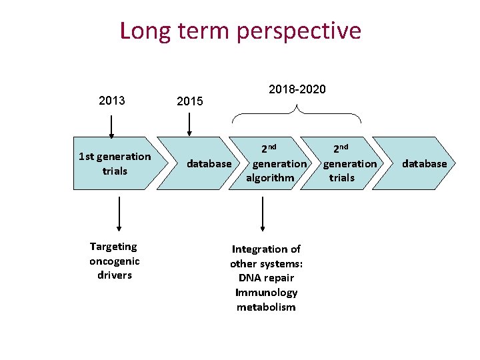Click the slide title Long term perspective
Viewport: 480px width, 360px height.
pos(240,31)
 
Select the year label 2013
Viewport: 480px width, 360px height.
pos(111,101)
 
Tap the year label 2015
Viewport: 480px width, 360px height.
pos(189,101)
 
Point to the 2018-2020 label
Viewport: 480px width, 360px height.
pos(297,89)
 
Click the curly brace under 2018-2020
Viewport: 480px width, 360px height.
pos(297,115)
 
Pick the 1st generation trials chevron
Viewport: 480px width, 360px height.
pos(115,163)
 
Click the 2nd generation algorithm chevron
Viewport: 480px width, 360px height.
pos(273,163)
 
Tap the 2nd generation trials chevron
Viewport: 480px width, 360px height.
pos(347,163)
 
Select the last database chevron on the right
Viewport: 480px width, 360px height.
pos(420,163)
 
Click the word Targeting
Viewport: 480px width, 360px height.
pos(113,247)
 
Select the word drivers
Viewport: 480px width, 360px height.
pos(115,275)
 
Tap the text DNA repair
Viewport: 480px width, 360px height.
pos(266,278)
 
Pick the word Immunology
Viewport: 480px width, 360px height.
pos(266,293)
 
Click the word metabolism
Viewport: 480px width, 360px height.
pos(266,307)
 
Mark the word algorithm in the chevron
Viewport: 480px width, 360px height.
pos(270,178)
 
